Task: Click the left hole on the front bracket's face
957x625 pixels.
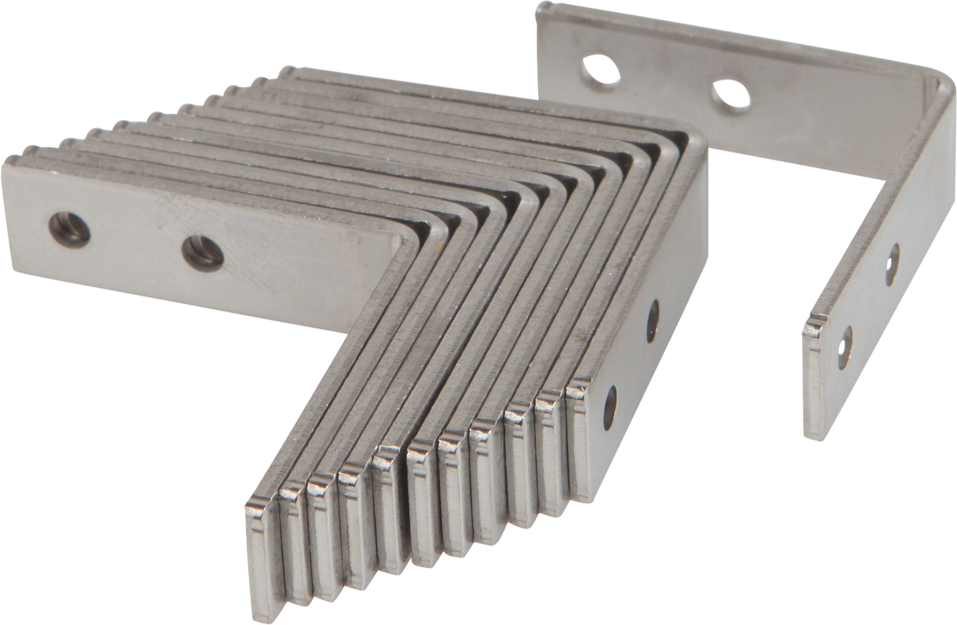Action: coord(69,230)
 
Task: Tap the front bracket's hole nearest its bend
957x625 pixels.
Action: coord(203,254)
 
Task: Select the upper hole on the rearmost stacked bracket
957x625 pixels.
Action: coord(652,321)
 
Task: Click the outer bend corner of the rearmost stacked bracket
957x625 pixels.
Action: coord(698,141)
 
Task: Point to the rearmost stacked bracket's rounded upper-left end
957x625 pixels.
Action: coord(286,71)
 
